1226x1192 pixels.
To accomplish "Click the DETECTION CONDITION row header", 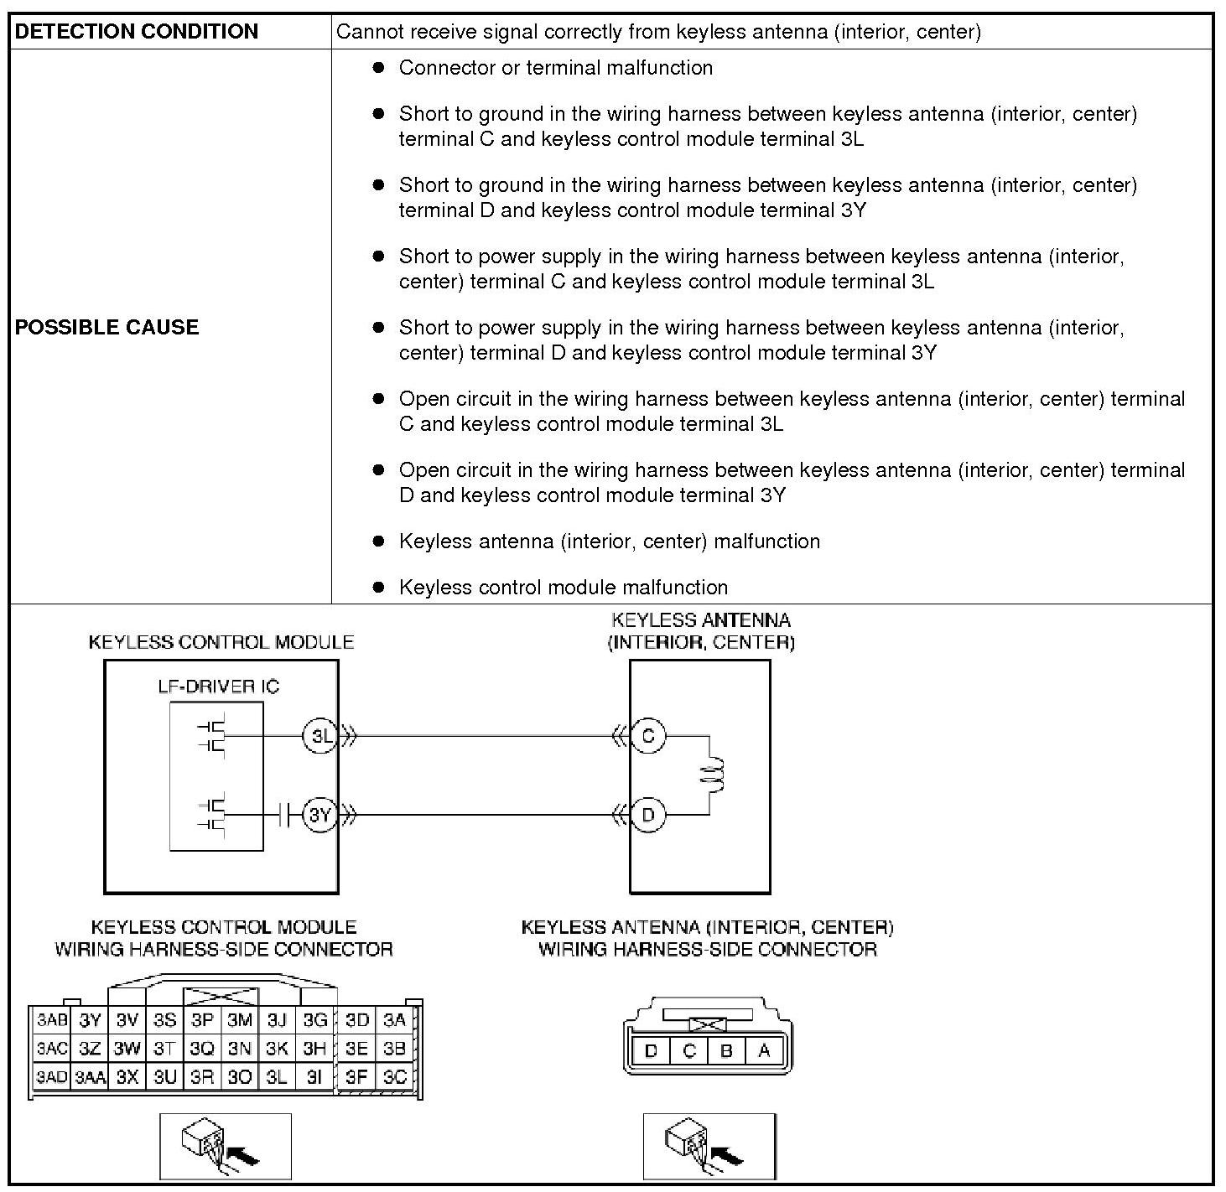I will (137, 32).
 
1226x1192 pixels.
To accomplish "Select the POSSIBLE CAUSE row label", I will (107, 327).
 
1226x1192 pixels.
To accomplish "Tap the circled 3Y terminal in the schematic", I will (319, 814).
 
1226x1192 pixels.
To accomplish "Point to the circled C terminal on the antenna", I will (647, 737).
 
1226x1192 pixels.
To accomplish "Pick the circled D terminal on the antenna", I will (647, 814).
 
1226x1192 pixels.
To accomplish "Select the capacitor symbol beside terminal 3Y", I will (289, 814).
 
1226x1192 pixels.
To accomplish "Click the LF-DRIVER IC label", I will (218, 687).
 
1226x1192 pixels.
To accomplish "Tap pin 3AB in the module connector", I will (51, 1020).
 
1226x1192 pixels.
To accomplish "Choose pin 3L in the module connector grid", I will (277, 1076).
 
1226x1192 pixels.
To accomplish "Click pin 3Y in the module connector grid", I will (90, 1020).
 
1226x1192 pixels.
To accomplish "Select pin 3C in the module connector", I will (394, 1076).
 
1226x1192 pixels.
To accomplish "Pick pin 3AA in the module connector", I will (90, 1077).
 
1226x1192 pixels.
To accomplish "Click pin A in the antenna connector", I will (763, 1050).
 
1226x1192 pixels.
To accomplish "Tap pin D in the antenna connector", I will (651, 1050).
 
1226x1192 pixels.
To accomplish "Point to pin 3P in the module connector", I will (202, 1020).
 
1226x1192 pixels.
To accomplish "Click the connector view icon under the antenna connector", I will (709, 1146).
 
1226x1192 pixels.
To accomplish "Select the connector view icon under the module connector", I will (225, 1146).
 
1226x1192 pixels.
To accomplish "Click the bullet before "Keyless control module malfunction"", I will (379, 587).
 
